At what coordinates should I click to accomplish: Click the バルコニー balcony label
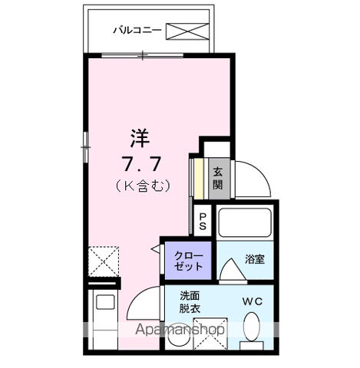point(137,31)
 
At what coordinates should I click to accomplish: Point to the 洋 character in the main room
point(139,139)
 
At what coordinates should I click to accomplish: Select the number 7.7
point(139,163)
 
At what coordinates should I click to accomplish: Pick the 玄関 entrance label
point(218,178)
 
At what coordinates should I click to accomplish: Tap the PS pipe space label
point(203,222)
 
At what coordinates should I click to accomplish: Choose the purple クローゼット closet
point(187,260)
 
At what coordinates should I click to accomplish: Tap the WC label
point(253,301)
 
